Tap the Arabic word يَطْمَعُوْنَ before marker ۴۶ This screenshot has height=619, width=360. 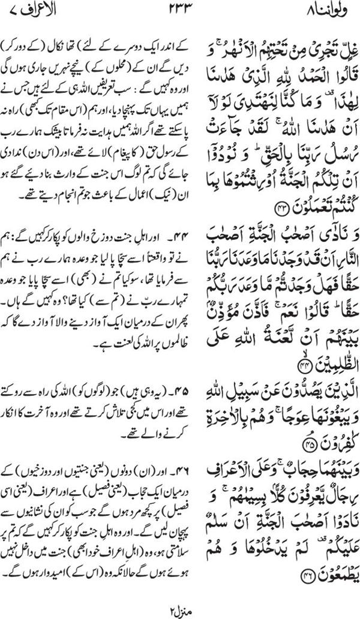(x=315, y=577)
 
